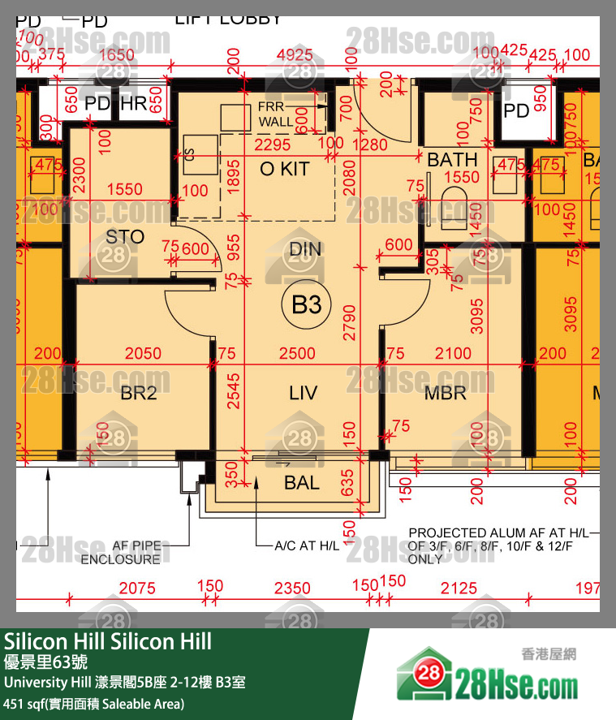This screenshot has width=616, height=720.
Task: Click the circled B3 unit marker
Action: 307,305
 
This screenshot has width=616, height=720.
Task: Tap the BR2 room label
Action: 139,394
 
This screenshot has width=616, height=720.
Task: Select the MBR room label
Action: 445,394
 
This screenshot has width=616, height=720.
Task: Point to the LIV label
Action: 303,394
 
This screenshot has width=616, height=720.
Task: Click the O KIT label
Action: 284,170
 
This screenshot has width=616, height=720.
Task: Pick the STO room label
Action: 125,237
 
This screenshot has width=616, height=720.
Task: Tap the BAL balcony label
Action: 301,484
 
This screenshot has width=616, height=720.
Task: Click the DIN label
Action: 305,249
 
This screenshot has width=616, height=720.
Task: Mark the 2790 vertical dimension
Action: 348,310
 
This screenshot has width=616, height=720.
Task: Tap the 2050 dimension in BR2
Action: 142,353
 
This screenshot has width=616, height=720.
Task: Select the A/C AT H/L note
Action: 308,545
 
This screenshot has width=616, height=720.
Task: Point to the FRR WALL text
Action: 278,114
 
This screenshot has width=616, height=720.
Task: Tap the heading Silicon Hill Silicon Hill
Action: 108,641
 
